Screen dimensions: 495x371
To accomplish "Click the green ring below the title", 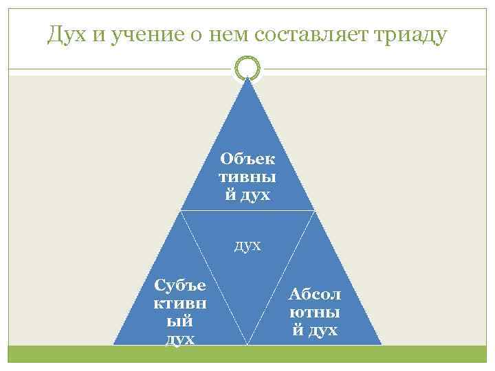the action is [x=247, y=67].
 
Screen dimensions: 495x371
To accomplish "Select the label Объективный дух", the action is [x=247, y=177].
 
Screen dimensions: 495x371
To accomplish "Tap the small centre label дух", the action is [x=247, y=245].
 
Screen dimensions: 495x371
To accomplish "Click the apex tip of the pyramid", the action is [x=247, y=78].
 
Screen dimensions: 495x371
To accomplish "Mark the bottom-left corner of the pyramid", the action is [x=114, y=344].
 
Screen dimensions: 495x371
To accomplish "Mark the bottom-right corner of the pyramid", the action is [x=381, y=344].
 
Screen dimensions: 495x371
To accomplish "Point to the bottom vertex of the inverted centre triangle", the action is [x=247, y=344].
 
